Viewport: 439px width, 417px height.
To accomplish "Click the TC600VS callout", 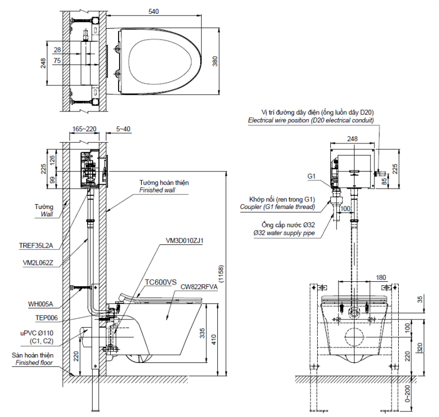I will tap(161, 281).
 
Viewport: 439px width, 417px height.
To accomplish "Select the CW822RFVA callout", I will tap(199, 287).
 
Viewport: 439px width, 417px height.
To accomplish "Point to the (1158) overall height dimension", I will tap(221, 272).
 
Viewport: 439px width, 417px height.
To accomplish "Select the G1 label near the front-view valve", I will tap(311, 177).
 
